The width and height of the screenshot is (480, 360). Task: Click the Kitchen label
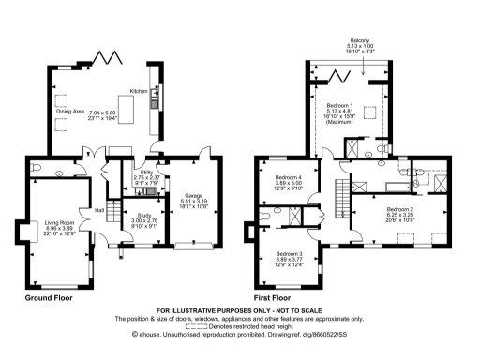[138, 91]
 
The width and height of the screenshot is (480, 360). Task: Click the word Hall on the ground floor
[97, 210]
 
